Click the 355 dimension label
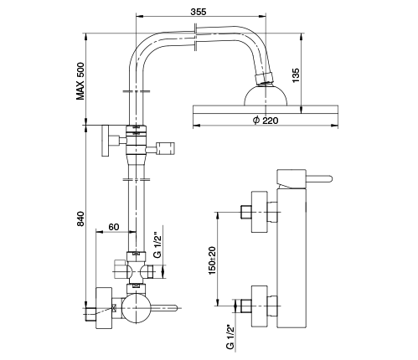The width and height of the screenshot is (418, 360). tap(199, 12)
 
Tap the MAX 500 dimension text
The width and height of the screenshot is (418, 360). tap(80, 81)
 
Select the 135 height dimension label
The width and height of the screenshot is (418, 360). tap(296, 75)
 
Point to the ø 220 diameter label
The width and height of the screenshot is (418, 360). tap(266, 121)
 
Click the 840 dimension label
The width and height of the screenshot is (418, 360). tap(80, 219)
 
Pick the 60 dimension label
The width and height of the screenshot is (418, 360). tap(114, 227)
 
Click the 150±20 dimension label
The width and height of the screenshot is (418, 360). tap(212, 260)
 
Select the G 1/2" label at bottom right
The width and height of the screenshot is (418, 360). tap(230, 337)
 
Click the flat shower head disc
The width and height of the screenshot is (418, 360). tap(266, 110)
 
